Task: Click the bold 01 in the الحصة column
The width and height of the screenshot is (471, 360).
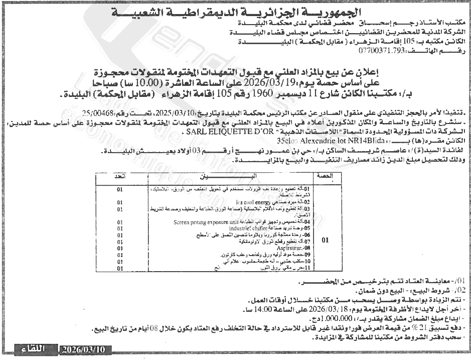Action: point(325,240)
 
